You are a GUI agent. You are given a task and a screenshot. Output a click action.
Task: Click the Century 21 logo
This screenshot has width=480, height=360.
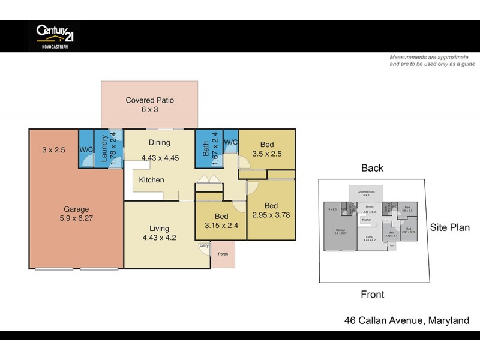click(x=55, y=35)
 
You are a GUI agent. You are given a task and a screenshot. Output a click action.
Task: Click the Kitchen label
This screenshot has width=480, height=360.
click(x=151, y=180)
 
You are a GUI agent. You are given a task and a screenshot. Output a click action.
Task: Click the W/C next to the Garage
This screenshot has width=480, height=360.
click(x=85, y=149)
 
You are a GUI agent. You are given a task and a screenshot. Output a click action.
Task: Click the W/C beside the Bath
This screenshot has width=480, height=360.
click(x=231, y=142)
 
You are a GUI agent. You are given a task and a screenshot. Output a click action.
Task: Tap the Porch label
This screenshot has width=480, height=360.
click(x=223, y=254)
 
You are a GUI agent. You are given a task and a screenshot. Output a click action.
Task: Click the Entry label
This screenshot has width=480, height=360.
click(x=205, y=245)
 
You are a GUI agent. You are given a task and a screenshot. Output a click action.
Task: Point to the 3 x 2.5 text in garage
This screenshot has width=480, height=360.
click(x=53, y=149)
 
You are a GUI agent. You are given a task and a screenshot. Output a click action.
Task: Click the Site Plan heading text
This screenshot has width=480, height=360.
click(x=449, y=227)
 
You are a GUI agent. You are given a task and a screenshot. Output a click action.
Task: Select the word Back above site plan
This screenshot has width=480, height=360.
click(x=372, y=168)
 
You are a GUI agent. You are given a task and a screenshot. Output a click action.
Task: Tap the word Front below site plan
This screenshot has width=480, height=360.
click(x=372, y=295)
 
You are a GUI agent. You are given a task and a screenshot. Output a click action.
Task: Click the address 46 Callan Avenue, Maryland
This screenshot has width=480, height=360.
click(x=406, y=320)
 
